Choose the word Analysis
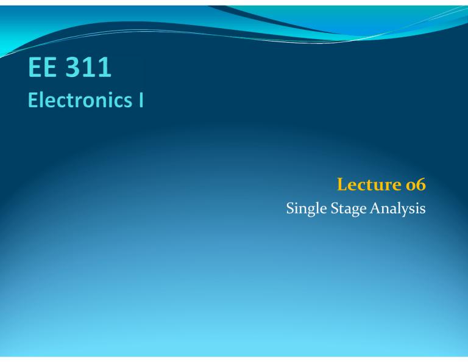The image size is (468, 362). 394,209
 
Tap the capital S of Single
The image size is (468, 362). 289,209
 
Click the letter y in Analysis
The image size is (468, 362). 405,211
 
